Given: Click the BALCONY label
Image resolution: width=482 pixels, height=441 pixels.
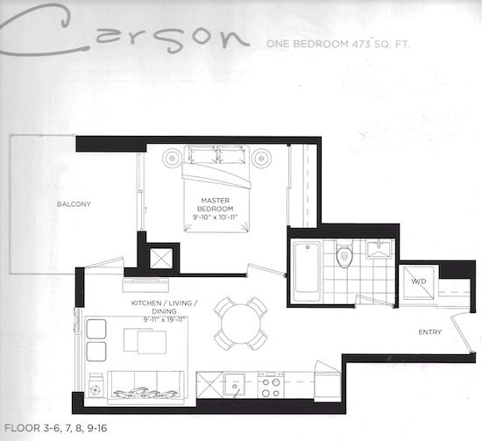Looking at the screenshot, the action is [74, 204].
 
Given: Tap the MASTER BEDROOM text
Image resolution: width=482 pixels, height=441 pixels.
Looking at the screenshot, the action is [216, 204].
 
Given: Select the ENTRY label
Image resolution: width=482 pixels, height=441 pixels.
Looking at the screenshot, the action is [430, 332].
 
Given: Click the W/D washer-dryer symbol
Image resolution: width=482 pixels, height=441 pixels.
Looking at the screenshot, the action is [419, 282].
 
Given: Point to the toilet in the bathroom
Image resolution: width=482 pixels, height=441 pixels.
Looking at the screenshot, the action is [344, 253].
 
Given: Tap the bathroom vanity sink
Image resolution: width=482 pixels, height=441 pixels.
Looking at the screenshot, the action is [379, 249].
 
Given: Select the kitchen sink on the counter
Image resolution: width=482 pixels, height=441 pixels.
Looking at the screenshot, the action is [235, 385].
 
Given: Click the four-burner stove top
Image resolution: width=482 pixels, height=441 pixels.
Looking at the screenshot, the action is [271, 386].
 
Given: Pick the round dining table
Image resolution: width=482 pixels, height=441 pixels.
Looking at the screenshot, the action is [241, 324].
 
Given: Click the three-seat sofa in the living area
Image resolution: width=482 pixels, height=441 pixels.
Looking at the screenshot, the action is [145, 388].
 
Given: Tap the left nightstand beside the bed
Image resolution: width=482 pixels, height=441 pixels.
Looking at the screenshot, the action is [172, 158].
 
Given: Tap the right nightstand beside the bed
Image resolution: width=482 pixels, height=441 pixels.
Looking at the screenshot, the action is [262, 159].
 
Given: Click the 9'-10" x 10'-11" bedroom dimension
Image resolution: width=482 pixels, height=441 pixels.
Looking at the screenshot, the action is [216, 217].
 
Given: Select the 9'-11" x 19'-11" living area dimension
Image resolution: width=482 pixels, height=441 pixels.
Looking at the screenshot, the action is [164, 320].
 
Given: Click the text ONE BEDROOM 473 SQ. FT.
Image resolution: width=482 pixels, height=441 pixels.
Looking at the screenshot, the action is [337, 44].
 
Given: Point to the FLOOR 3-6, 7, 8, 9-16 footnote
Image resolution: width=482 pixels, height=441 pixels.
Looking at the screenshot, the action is [55, 428].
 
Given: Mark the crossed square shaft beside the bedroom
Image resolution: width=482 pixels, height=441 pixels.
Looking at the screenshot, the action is [161, 259].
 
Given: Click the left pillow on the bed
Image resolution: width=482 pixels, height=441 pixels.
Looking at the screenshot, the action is [202, 154].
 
